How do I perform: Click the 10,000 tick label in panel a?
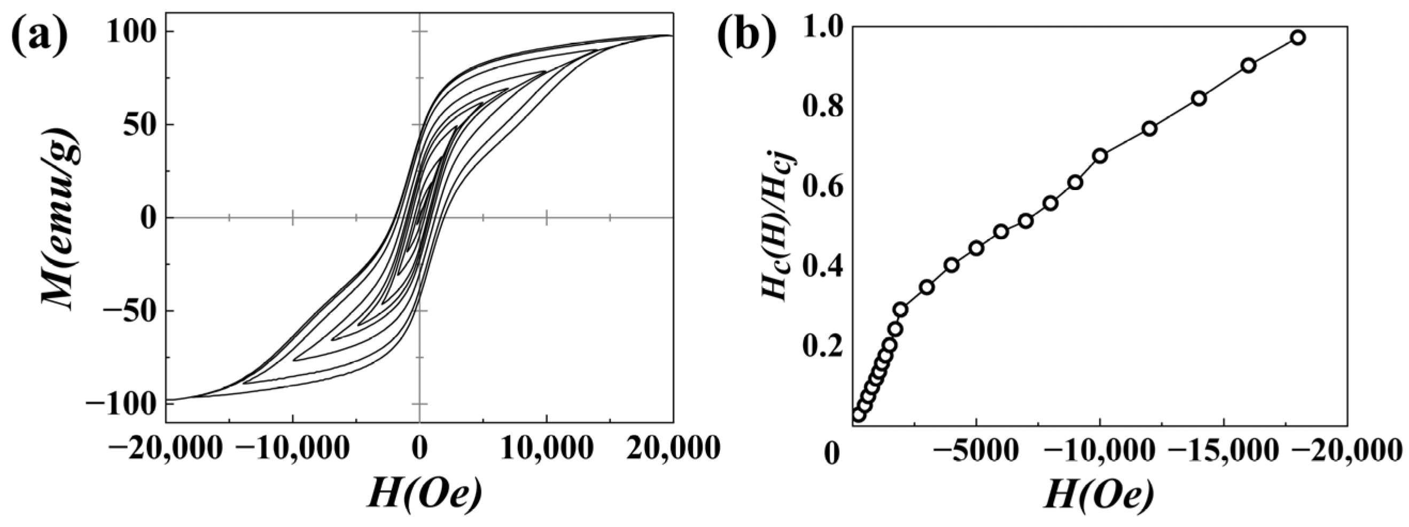pos(547,449)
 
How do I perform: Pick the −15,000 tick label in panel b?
pos(1223,453)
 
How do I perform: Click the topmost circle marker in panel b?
pos(1298,38)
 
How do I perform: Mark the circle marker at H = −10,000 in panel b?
pos(1100,156)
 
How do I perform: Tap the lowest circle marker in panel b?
pos(859,415)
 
